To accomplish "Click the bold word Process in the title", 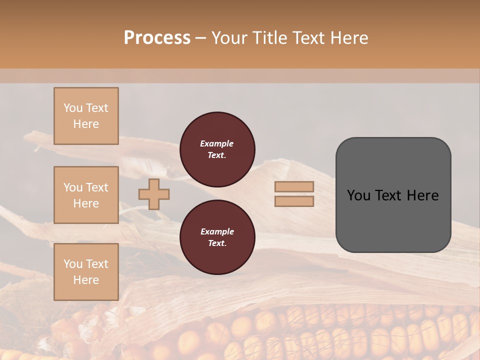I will [157, 37].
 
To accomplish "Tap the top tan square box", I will [86, 116].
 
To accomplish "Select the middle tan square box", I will [86, 195].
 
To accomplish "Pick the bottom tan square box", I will [86, 271].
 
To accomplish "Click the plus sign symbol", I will [154, 194].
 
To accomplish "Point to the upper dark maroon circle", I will [217, 149].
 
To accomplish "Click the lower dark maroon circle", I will [217, 237].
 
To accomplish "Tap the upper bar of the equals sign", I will [294, 187].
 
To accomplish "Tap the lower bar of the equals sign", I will [294, 201].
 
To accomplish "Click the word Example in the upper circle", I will [217, 143].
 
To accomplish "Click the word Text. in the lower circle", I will [217, 243].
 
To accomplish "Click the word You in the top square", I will [73, 108].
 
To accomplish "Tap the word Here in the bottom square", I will [86, 280].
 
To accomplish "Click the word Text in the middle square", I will [97, 187].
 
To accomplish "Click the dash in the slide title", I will [200, 37].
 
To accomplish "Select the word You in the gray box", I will [359, 195].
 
